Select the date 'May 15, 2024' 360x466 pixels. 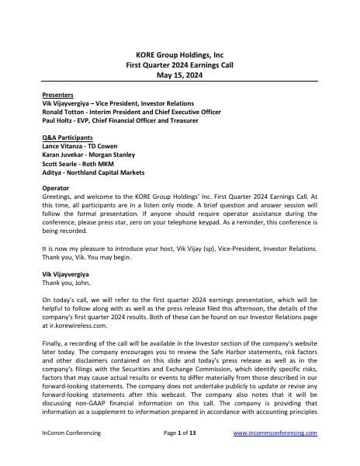tap(179, 75)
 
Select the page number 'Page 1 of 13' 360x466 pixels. tap(181, 452)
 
